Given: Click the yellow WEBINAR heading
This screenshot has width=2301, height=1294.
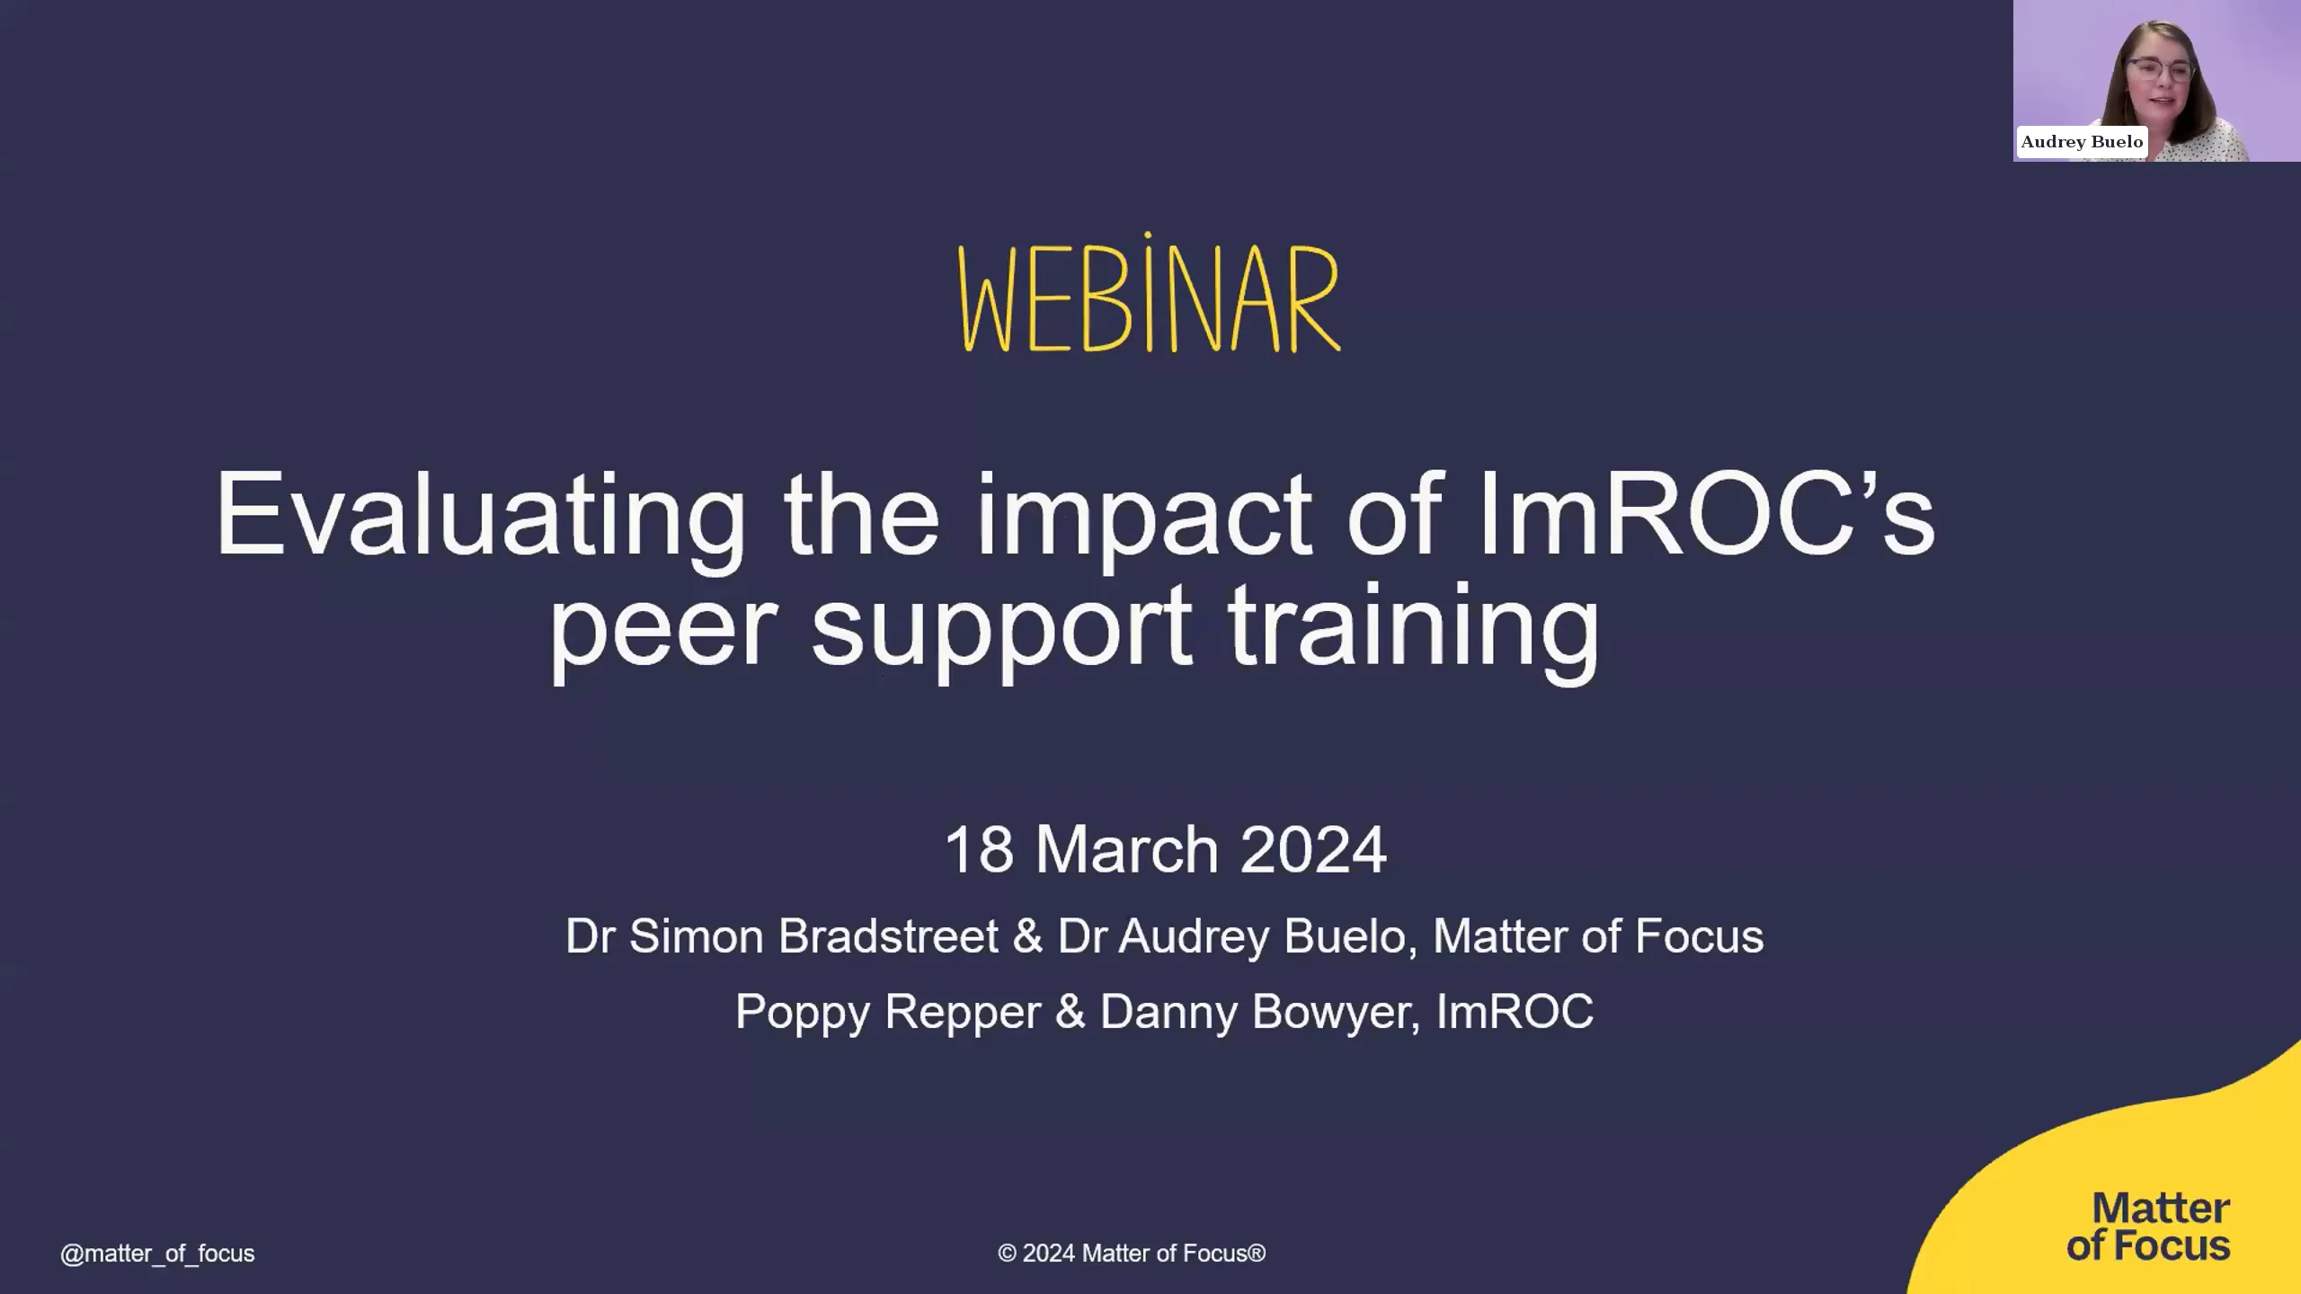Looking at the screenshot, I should [1150, 297].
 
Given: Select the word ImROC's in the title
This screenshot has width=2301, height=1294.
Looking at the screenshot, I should [1706, 514].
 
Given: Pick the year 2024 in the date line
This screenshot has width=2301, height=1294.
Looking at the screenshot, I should [1312, 849].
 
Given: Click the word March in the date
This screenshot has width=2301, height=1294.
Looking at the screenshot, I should [1127, 849].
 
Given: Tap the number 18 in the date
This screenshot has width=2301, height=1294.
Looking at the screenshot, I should [979, 849].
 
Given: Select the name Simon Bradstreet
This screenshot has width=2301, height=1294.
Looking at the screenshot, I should [813, 936].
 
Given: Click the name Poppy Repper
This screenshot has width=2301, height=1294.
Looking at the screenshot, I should [888, 1012].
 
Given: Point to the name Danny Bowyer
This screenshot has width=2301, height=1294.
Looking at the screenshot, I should [1258, 1012].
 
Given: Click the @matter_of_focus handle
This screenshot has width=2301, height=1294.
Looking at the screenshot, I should [157, 1254].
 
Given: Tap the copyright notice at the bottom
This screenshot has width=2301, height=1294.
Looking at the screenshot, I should [1132, 1254].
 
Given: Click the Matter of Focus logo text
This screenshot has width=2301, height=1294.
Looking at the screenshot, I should [2148, 1228].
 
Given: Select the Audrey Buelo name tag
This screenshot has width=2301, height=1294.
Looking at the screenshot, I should [2082, 142].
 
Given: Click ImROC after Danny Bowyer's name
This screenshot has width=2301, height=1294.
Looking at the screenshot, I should [1515, 1012].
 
